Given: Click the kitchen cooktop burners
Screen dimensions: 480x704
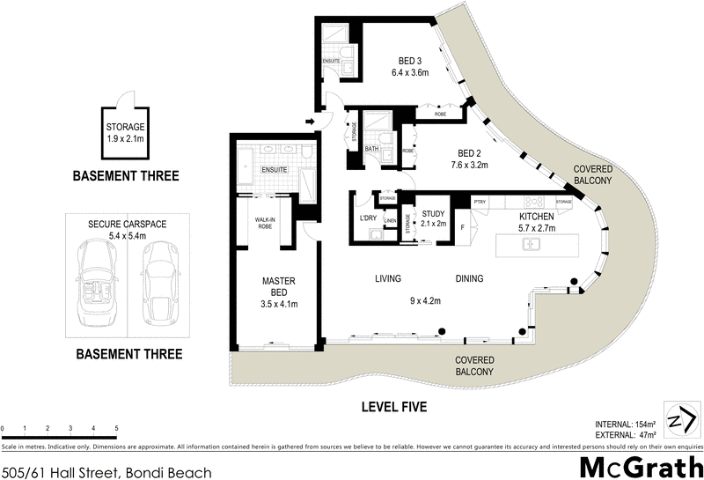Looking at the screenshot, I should [530, 202].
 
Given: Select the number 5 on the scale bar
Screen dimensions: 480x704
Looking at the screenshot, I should [117, 428].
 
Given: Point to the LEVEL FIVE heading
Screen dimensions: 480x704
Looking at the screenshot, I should [394, 407].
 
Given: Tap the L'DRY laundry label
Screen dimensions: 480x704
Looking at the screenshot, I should [368, 218].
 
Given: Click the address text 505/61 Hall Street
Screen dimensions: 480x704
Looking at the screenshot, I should [106, 472].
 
